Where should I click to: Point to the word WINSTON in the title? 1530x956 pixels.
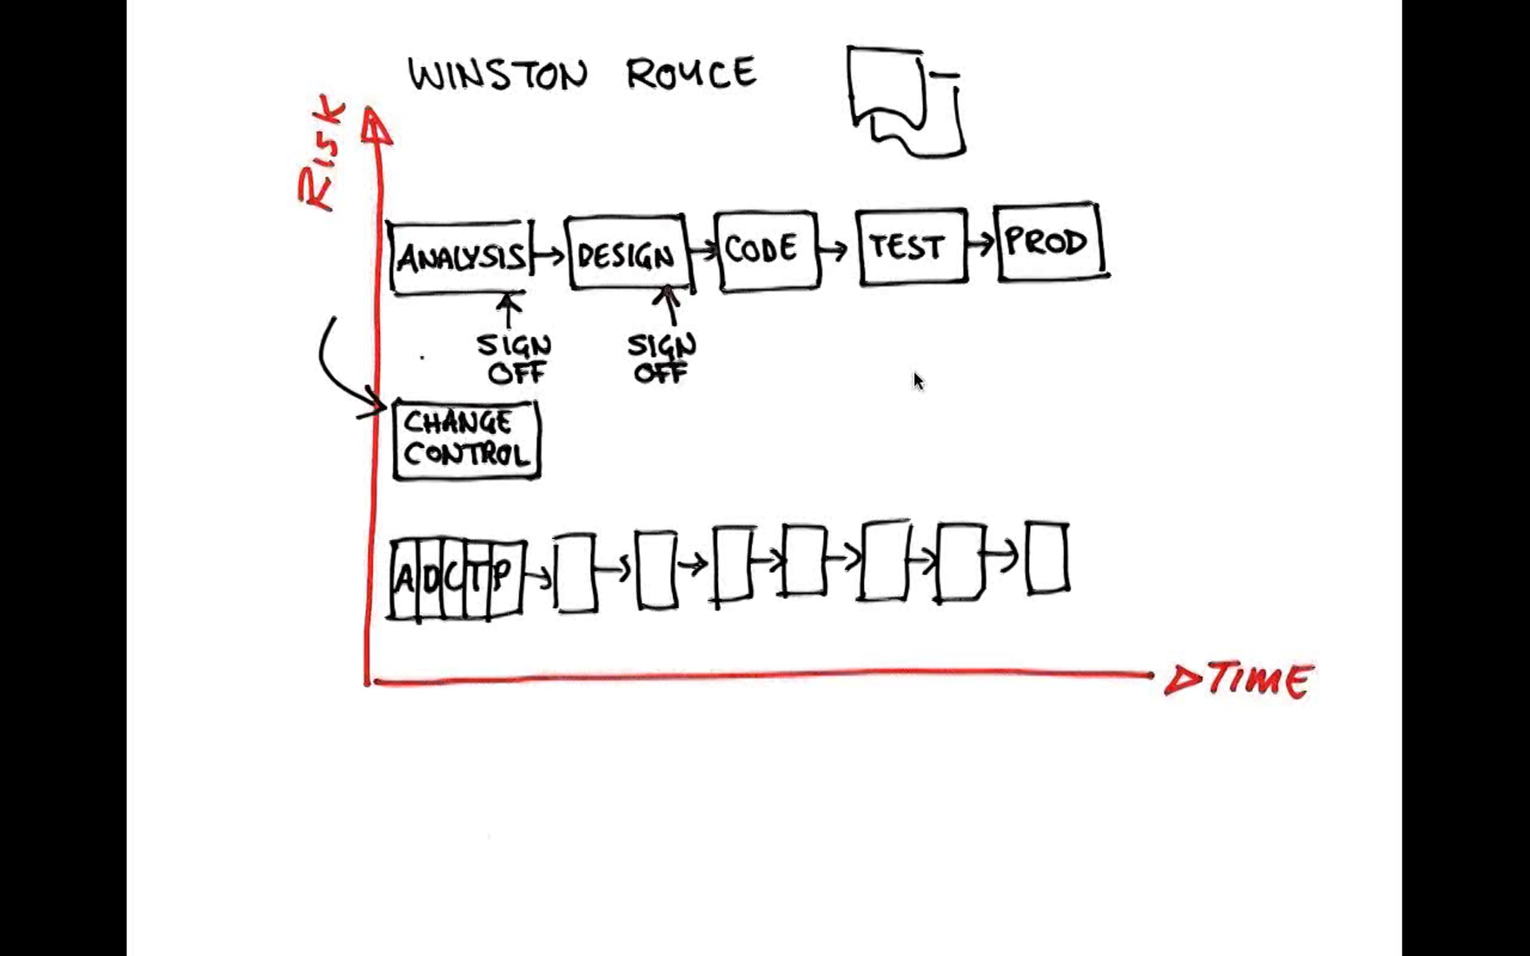click(x=497, y=75)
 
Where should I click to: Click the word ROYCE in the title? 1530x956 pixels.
click(x=692, y=73)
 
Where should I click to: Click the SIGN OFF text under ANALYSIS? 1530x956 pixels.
click(x=514, y=358)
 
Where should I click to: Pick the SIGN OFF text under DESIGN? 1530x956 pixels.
click(x=662, y=358)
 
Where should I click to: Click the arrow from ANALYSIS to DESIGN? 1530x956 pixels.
click(x=548, y=256)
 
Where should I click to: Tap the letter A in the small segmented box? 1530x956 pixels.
click(x=404, y=579)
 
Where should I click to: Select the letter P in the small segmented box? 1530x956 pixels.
click(x=502, y=575)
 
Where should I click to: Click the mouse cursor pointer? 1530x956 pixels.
click(x=919, y=381)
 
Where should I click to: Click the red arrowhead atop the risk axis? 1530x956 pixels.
click(x=376, y=126)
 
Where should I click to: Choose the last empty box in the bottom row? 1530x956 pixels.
click(x=1047, y=558)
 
